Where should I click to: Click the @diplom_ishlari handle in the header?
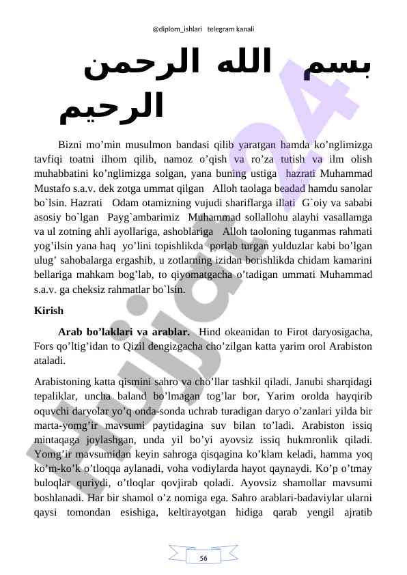(x=174, y=30)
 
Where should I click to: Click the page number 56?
(x=203, y=558)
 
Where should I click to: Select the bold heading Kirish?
(x=48, y=311)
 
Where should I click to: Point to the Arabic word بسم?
(x=339, y=69)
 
